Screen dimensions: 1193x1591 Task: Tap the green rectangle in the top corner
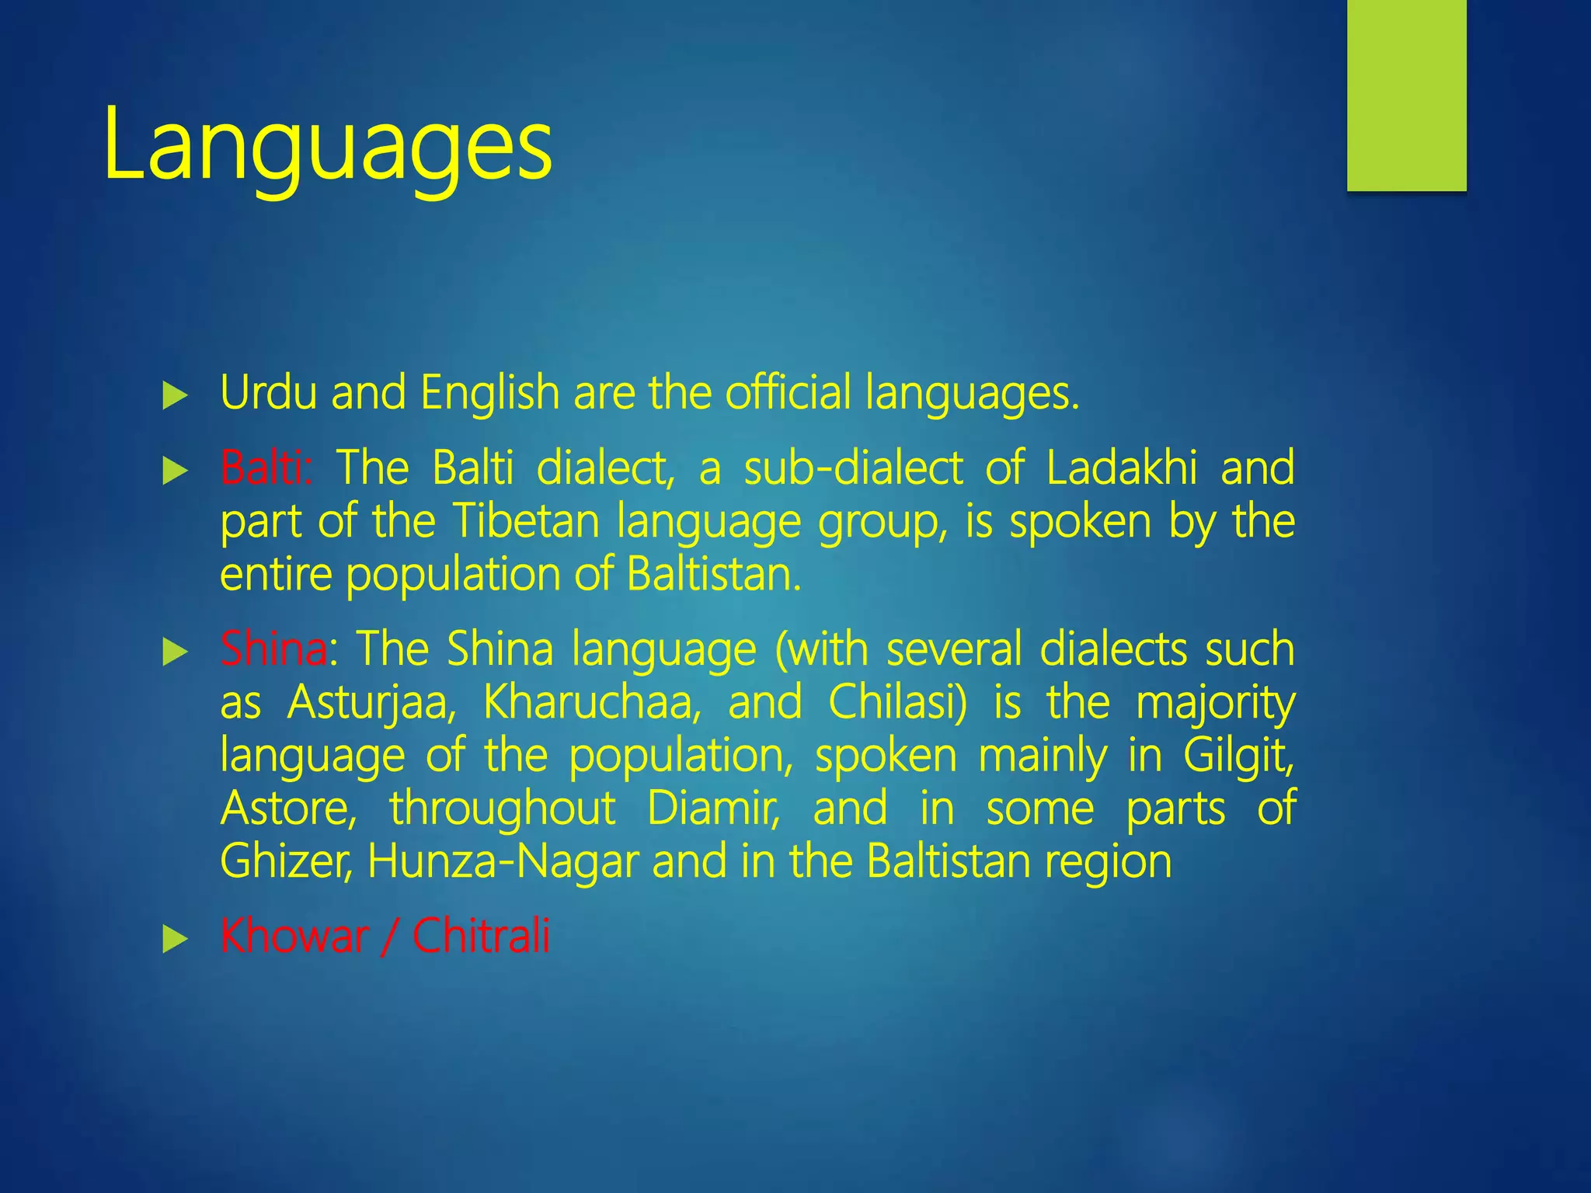pyautogui.click(x=1406, y=95)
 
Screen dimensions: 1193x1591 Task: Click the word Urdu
pyautogui.click(x=268, y=392)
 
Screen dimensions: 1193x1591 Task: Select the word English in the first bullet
pyautogui.click(x=489, y=392)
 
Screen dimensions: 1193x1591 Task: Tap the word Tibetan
pyautogui.click(x=526, y=521)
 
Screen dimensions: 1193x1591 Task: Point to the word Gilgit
pyautogui.click(x=1239, y=755)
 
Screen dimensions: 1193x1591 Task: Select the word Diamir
pyautogui.click(x=713, y=809)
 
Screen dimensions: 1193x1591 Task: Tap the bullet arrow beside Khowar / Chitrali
pyautogui.click(x=176, y=940)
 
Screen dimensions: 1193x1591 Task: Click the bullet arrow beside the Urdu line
pyautogui.click(x=176, y=397)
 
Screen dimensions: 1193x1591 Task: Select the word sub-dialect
pyautogui.click(x=854, y=468)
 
